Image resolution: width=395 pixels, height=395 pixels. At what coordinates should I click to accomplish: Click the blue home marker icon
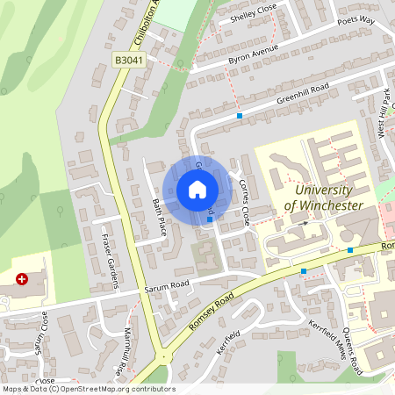tap(197, 190)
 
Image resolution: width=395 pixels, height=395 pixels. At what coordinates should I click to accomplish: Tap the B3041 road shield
tap(128, 59)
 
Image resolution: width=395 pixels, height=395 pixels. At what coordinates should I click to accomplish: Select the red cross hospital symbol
tap(22, 278)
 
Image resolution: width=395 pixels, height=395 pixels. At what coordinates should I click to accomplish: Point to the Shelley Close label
tap(253, 17)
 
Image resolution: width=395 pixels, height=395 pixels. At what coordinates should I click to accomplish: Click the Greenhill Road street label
tap(302, 95)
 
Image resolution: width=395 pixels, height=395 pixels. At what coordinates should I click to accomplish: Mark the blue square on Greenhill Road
tap(240, 115)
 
